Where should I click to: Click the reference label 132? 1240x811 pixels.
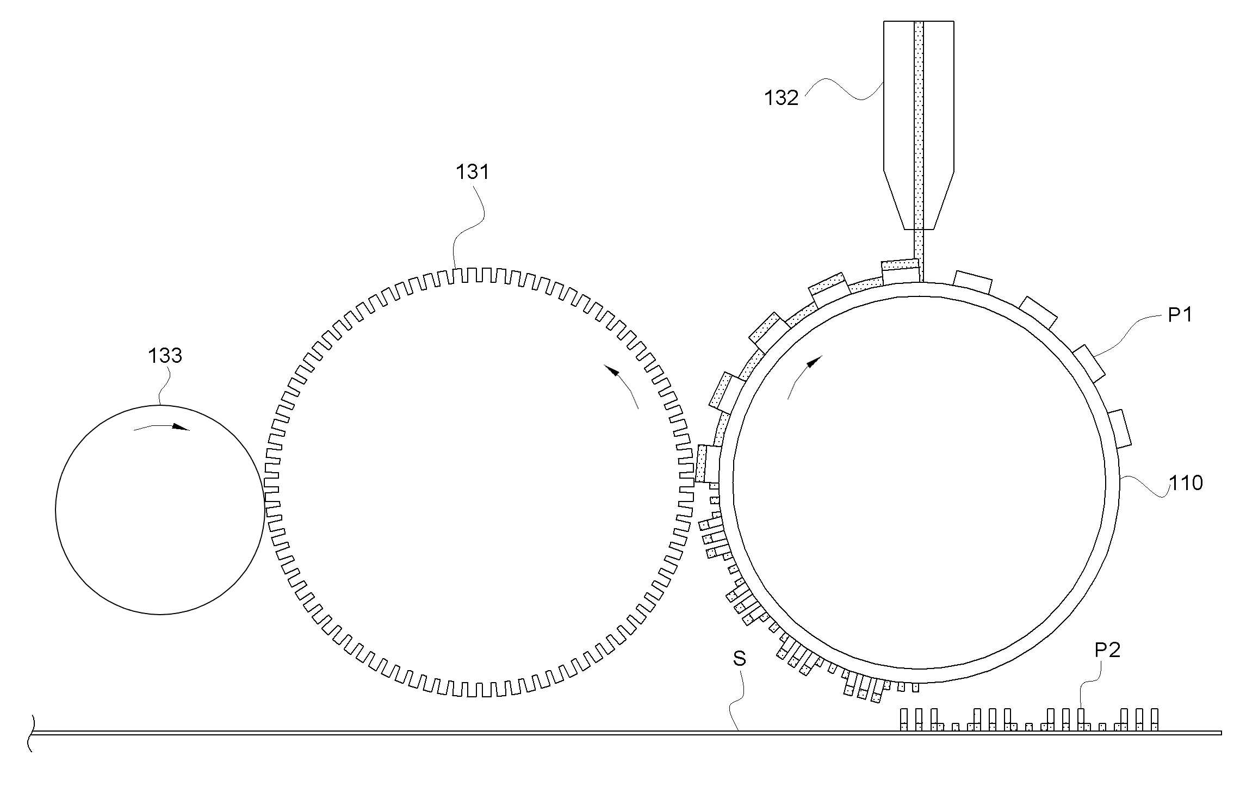tap(782, 98)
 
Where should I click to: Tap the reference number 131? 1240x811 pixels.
tap(473, 172)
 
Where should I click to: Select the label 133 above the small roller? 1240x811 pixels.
tap(165, 356)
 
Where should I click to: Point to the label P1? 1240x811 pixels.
tap(1180, 314)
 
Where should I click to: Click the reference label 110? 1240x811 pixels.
tap(1186, 483)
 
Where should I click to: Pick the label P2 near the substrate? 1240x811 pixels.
tap(1107, 650)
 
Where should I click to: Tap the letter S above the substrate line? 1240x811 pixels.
tap(740, 659)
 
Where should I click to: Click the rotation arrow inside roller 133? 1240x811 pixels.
tap(162, 427)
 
